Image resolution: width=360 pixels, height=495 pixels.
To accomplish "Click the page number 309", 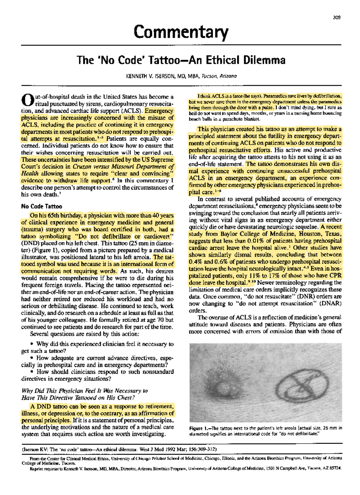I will pos(337,17).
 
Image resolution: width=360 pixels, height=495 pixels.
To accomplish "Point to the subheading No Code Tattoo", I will pos(41,207).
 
